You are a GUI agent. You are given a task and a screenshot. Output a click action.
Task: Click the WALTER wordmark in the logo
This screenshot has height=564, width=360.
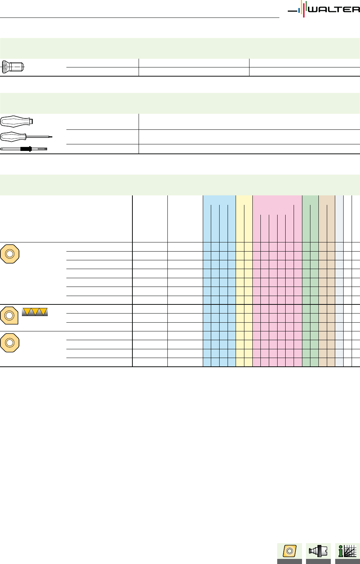coord(334,9)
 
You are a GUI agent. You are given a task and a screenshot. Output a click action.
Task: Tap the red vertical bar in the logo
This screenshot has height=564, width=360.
coord(304,10)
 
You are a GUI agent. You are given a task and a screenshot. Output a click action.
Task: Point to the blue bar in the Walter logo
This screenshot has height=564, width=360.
coord(299,10)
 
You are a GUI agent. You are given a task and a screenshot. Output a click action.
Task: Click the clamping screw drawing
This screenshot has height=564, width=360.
coord(13,67)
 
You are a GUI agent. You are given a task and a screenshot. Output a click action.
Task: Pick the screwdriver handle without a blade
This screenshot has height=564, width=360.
coord(17,122)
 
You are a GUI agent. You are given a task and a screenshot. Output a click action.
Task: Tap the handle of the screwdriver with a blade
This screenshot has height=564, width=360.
coord(13,137)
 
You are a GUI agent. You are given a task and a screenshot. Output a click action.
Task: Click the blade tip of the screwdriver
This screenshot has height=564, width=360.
coord(51,137)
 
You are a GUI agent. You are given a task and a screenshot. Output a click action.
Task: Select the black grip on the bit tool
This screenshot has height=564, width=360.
coord(26,149)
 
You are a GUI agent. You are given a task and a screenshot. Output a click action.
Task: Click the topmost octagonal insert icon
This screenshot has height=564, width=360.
coord(10,254)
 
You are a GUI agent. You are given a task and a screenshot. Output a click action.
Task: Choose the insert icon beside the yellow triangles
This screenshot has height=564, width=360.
coord(9,315)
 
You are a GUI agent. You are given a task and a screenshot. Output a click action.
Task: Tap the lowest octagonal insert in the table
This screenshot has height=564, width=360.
coord(10,343)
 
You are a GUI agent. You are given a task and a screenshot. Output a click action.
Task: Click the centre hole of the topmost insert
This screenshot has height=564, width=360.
coord(10,254)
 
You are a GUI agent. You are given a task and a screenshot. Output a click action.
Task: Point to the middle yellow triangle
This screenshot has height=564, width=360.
coord(35,311)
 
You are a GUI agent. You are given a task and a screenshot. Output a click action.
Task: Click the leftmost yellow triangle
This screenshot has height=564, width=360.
coord(27,311)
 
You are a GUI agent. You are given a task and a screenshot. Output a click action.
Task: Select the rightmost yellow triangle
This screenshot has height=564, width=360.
coord(43,311)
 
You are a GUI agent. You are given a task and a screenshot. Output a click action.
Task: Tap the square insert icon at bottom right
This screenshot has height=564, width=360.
coord(290,551)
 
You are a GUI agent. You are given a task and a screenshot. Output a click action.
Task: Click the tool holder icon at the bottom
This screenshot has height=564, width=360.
coord(318,551)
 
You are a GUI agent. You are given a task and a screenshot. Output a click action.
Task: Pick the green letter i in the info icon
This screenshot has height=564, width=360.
coord(341,551)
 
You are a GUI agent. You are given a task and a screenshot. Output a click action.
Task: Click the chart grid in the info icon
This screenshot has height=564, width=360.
coord(350,551)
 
